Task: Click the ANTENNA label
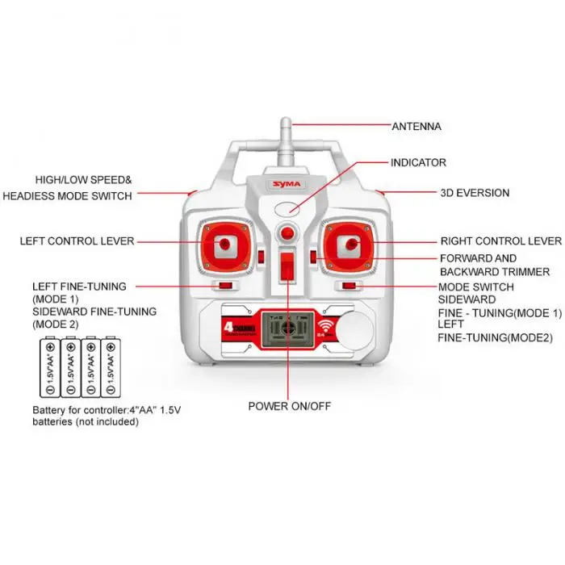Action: coord(416,127)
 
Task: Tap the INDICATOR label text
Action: coord(418,162)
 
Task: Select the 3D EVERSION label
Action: coord(475,193)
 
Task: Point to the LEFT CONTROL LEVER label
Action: coord(77,241)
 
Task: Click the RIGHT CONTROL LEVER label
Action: coord(500,241)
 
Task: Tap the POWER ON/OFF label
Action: coord(289,405)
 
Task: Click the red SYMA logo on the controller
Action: coord(286,184)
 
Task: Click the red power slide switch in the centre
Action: coord(287,268)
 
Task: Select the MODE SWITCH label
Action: coord(475,287)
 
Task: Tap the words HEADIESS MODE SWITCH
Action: coord(67,195)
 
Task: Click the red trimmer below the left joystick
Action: coord(223,285)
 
